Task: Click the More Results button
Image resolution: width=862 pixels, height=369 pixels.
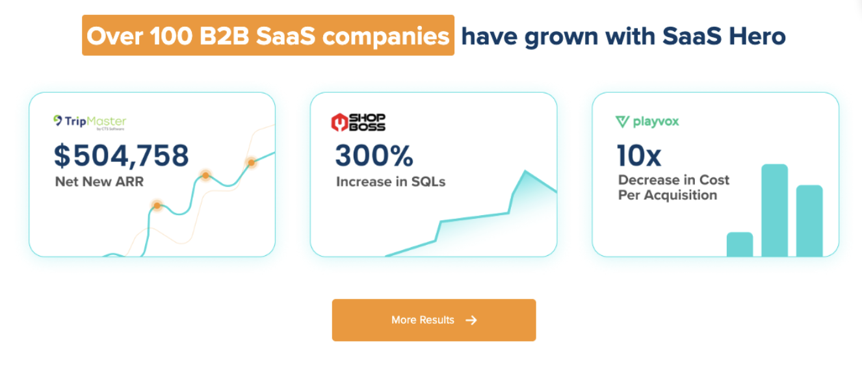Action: pyautogui.click(x=434, y=320)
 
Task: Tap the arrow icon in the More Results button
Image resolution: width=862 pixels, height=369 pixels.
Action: pyautogui.click(x=471, y=320)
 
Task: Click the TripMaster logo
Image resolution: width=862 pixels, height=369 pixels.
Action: pyautogui.click(x=90, y=121)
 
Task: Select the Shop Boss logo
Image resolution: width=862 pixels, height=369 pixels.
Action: pyautogui.click(x=358, y=122)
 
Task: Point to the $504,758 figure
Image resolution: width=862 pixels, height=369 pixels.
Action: pyautogui.click(x=121, y=156)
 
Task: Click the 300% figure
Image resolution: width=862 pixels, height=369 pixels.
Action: pyautogui.click(x=374, y=156)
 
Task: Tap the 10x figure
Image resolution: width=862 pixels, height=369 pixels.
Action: pyautogui.click(x=638, y=156)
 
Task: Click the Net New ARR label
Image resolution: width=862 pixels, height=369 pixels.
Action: pyautogui.click(x=99, y=181)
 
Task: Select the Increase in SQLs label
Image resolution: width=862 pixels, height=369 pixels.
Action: pyautogui.click(x=391, y=181)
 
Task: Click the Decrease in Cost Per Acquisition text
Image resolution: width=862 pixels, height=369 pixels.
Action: pyautogui.click(x=673, y=187)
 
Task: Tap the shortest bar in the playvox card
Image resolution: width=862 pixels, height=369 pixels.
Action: pyautogui.click(x=740, y=244)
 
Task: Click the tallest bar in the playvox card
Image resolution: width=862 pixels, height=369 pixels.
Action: pyautogui.click(x=774, y=210)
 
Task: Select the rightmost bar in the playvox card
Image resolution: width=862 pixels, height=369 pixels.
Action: pyautogui.click(x=809, y=221)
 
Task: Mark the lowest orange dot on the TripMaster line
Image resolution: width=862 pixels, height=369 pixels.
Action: pyautogui.click(x=157, y=205)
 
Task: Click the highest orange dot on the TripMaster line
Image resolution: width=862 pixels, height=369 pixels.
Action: pyautogui.click(x=251, y=162)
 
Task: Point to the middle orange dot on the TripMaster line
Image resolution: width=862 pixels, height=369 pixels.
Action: pyautogui.click(x=205, y=175)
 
